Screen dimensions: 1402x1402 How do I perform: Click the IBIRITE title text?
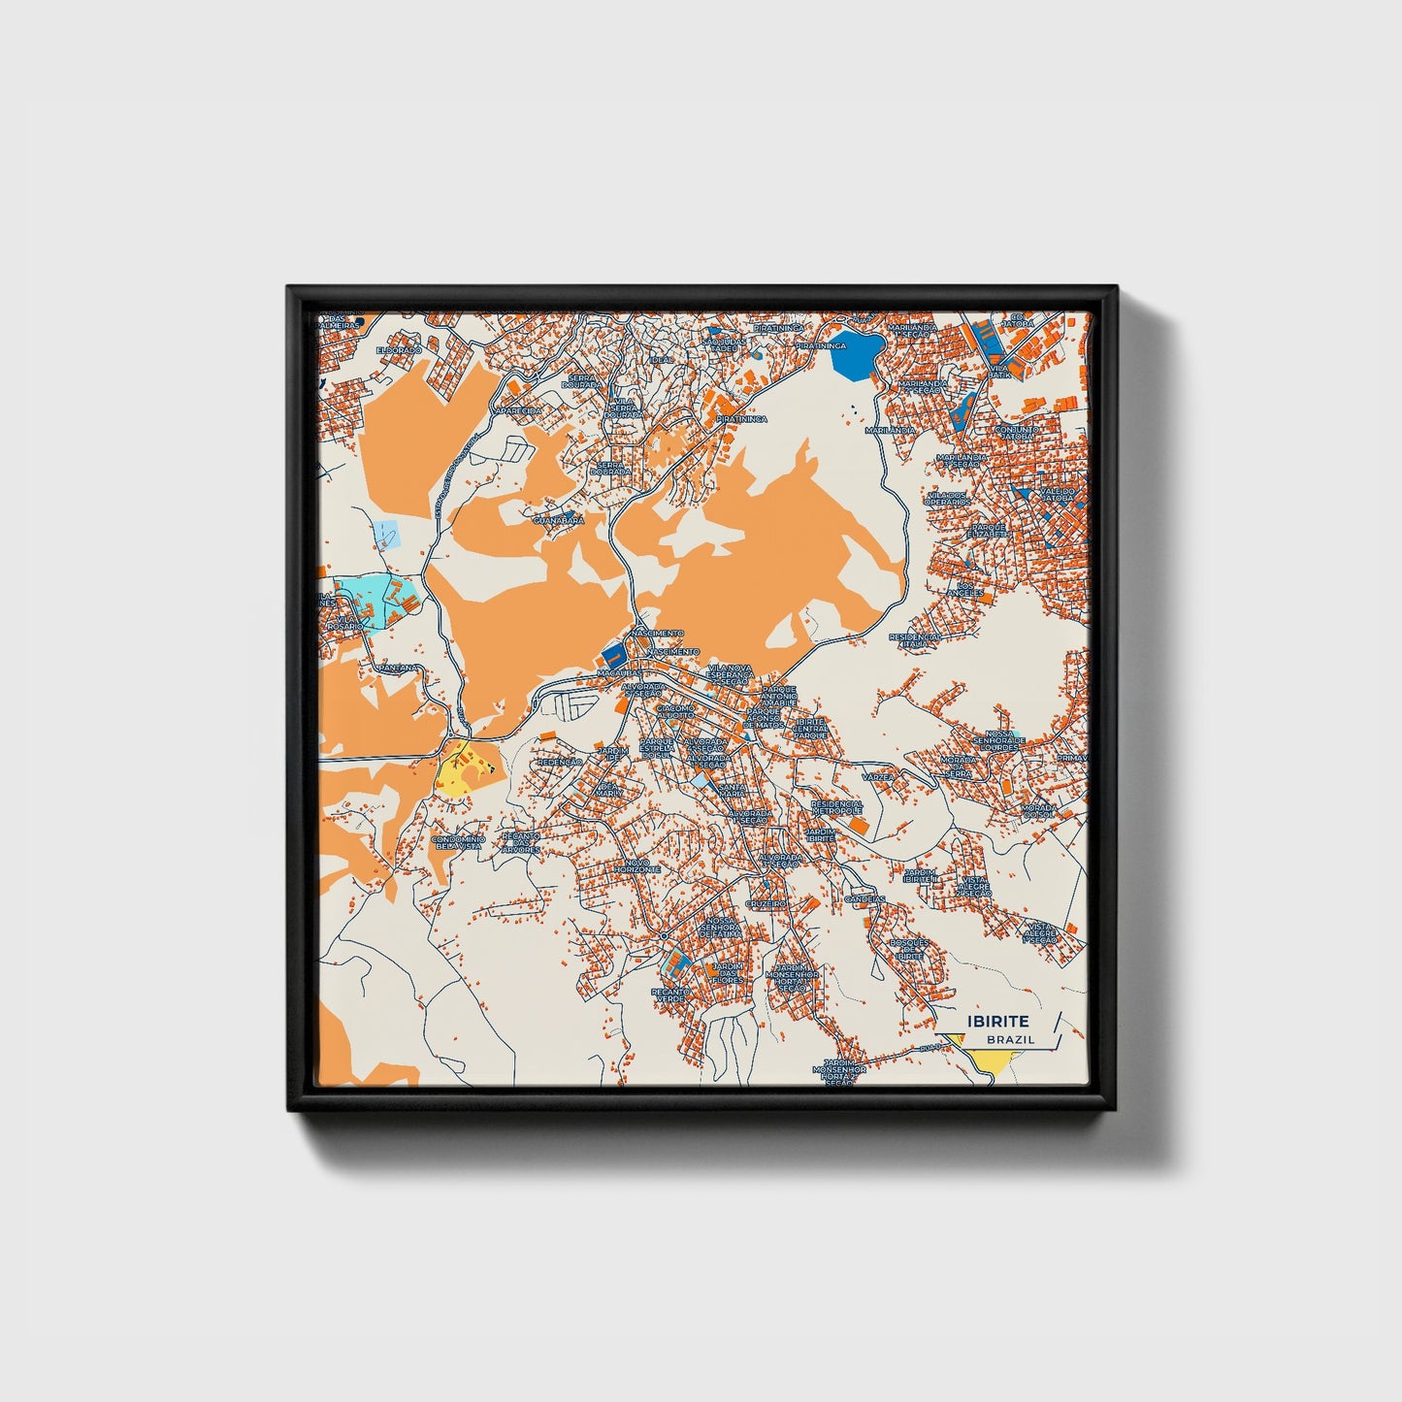(997, 1021)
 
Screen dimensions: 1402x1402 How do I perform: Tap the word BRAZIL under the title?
(1010, 1039)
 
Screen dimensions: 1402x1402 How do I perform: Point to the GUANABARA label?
(559, 521)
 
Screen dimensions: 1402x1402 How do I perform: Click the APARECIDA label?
(516, 411)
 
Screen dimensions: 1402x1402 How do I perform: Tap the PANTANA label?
(399, 668)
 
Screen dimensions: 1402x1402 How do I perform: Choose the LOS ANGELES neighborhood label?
(970, 590)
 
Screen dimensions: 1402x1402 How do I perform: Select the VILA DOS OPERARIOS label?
(948, 499)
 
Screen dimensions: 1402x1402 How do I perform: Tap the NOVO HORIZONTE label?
(636, 865)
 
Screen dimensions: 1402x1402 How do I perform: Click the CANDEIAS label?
(864, 899)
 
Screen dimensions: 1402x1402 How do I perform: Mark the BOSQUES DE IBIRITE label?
(910, 949)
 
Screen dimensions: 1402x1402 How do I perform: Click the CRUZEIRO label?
(766, 902)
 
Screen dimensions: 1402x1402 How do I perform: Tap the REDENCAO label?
(559, 763)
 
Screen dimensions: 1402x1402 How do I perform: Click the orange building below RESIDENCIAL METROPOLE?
(859, 825)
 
